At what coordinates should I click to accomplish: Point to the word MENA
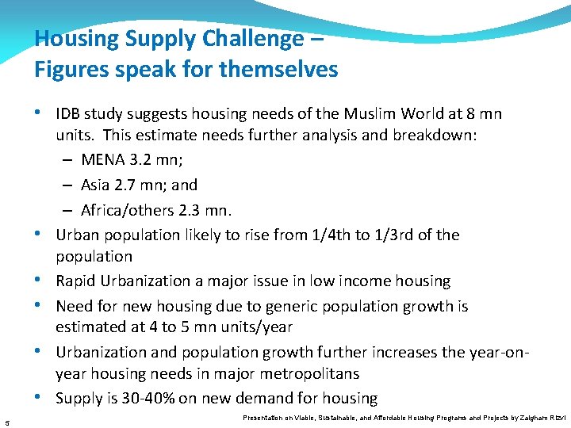pos(102,160)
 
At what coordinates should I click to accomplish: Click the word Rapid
pos(76,281)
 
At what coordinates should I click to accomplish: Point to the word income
pos(362,281)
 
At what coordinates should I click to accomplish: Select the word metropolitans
pos(315,373)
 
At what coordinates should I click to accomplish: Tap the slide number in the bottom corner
pos(6,421)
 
